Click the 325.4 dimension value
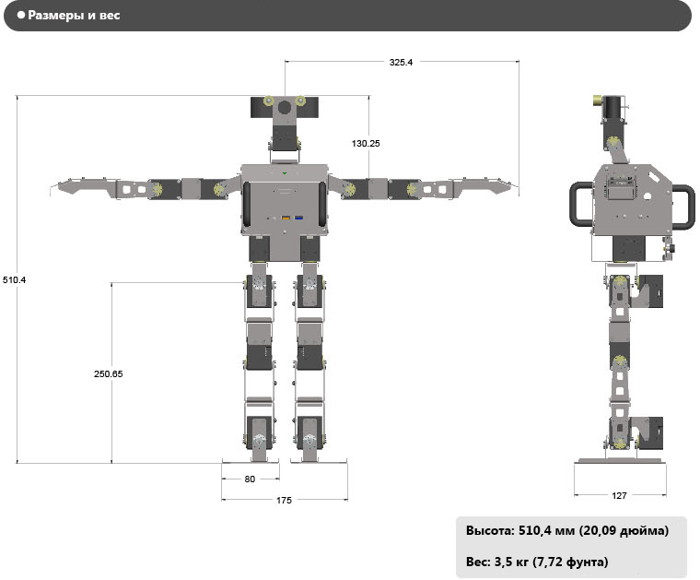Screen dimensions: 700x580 point(401,62)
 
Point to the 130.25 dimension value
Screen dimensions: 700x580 point(366,144)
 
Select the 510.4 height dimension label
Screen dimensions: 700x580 point(15,280)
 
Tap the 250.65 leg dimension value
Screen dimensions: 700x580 point(108,374)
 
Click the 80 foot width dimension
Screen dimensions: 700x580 point(250,479)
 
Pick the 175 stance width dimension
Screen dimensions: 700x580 point(284,501)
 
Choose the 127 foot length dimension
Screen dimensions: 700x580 point(619,495)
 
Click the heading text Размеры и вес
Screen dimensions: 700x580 point(74,15)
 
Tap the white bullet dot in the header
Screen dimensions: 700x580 point(21,15)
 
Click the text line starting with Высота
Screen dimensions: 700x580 point(567,530)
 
